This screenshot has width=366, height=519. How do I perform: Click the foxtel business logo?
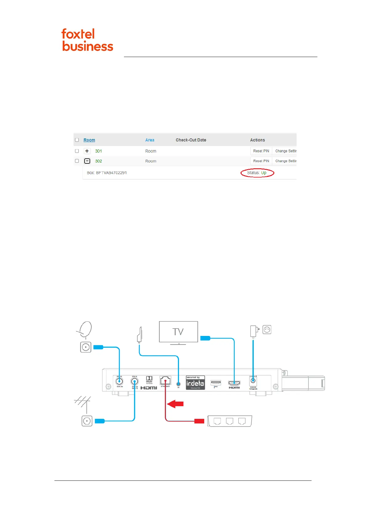tap(87, 40)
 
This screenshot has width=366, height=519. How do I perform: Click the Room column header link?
tap(89, 140)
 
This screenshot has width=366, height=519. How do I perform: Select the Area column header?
tap(150, 140)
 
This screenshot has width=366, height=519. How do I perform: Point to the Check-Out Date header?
tap(191, 140)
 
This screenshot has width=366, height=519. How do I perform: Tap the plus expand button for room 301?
tap(87, 151)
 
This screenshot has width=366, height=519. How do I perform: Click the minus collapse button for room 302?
tap(87, 161)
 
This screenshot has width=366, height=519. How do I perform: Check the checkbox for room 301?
tap(77, 151)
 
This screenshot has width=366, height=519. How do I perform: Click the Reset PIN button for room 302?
tap(261, 161)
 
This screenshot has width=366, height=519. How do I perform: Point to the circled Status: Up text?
tap(257, 173)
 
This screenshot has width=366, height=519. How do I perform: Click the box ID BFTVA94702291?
tap(107, 173)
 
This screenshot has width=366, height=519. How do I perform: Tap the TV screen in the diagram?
tap(178, 332)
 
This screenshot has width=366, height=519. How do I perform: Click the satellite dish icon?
tap(85, 329)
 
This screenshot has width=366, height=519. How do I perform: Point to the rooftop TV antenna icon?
tap(83, 402)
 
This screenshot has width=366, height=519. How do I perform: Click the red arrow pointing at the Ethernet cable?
tap(176, 404)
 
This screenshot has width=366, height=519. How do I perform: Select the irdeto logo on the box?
tap(195, 383)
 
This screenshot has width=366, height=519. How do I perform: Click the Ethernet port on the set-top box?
tap(165, 381)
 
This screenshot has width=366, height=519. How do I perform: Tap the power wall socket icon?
tap(267, 330)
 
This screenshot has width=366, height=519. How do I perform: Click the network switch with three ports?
tap(230, 421)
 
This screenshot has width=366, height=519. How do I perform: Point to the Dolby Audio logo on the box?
tap(149, 380)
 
